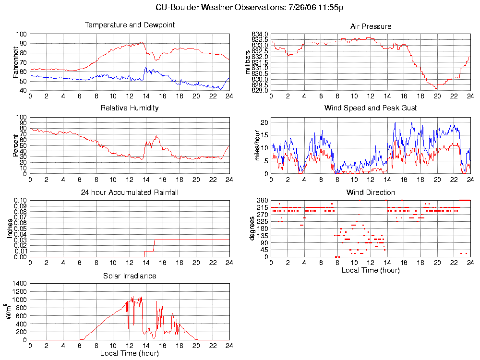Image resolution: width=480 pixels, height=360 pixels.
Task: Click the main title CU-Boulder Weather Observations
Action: click(250, 8)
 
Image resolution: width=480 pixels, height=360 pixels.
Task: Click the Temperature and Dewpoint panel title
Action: click(130, 25)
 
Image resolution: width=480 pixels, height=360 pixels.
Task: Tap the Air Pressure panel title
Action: click(371, 26)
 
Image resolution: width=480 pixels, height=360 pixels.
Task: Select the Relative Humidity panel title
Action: click(130, 108)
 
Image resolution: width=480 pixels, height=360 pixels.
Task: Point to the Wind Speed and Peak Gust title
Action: click(371, 108)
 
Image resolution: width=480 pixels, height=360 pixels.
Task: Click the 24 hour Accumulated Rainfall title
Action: click(130, 192)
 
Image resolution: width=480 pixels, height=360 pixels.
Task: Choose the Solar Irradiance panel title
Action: click(130, 276)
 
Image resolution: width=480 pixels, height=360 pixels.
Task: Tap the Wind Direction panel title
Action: click(371, 192)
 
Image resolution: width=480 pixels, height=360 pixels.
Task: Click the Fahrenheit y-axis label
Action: click(15, 62)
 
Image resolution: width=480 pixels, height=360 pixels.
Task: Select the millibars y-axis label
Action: click(248, 62)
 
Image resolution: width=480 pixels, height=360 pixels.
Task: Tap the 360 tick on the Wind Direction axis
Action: click(263, 200)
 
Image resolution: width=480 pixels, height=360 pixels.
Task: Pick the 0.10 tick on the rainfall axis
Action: click(20, 200)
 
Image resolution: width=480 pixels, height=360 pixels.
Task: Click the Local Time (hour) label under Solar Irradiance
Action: click(130, 354)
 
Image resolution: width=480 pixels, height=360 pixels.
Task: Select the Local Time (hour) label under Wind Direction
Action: click(371, 270)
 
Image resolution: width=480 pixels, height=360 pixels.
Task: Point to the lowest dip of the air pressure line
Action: click(436, 89)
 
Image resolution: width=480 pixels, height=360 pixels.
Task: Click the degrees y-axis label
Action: click(252, 229)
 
